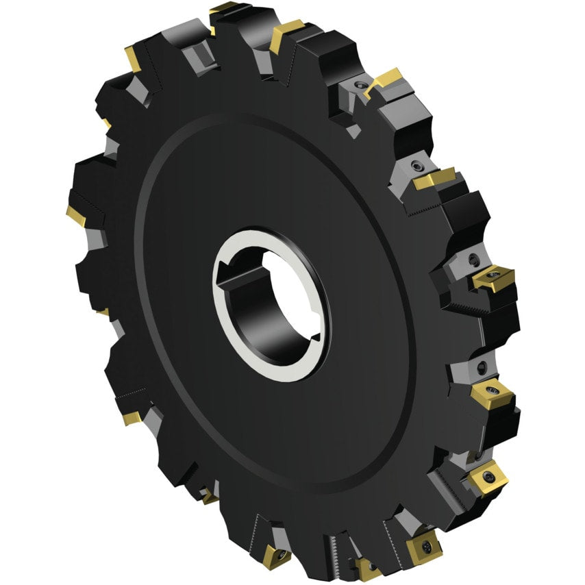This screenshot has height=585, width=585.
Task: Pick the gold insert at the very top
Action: (223, 9)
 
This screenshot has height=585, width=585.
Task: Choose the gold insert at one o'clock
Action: (385, 79)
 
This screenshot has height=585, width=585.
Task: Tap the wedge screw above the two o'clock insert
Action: (416, 165)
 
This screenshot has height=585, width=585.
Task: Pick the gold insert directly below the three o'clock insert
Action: (490, 393)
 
